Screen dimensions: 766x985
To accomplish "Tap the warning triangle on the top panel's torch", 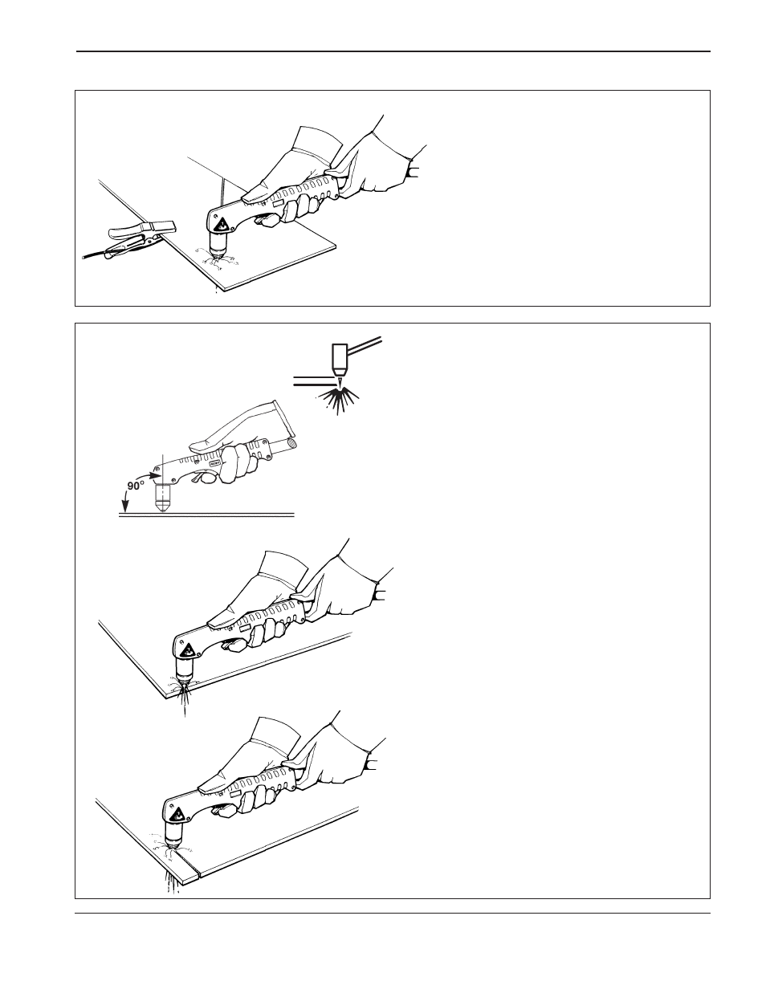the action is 222,225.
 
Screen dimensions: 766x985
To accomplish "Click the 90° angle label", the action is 136,486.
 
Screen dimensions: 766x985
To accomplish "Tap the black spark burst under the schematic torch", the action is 339,399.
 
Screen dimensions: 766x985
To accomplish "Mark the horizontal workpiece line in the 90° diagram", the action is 206,515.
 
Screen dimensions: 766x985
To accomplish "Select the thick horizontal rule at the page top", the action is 393,51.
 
